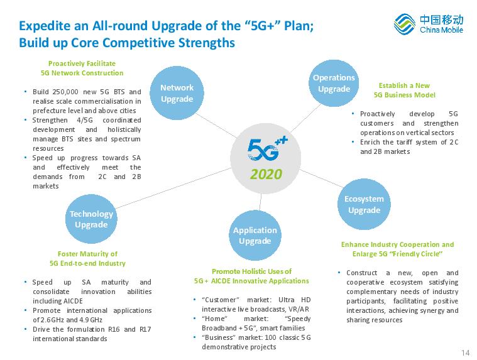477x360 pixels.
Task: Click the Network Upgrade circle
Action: point(177,93)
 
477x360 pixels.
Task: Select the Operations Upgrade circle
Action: point(334,83)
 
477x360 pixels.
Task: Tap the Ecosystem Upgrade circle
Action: point(364,204)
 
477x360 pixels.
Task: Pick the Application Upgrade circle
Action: point(255,236)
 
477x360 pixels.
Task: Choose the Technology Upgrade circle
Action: point(91,219)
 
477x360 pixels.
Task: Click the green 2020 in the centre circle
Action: point(266,174)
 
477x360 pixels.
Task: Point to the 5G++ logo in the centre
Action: point(267,149)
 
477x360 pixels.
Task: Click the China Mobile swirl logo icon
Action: point(405,24)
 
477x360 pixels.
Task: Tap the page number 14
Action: point(465,352)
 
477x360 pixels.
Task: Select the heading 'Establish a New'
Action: point(404,85)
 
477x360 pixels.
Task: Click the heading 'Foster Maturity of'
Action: point(87,254)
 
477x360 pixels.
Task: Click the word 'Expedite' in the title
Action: point(45,26)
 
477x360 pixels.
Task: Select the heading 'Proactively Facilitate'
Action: point(82,63)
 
